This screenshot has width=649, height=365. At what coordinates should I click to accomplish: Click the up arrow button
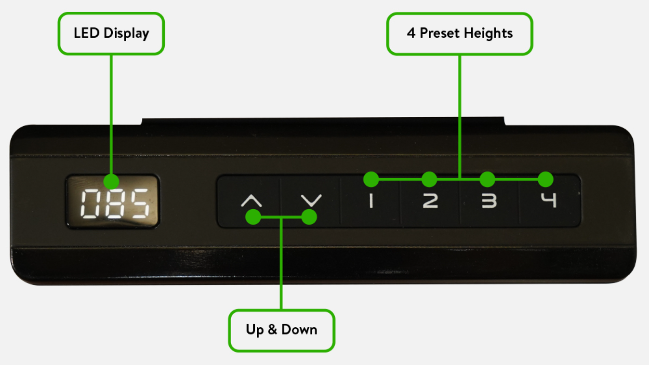pyautogui.click(x=251, y=201)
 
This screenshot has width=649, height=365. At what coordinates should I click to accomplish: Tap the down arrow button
pyautogui.click(x=311, y=201)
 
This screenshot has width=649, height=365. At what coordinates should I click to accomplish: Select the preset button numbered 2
pyautogui.click(x=430, y=201)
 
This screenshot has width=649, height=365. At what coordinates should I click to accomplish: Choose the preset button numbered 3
pyautogui.click(x=489, y=201)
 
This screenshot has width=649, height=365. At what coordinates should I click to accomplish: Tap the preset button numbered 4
pyautogui.click(x=549, y=200)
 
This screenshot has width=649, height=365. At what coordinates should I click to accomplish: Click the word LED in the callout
pyautogui.click(x=86, y=33)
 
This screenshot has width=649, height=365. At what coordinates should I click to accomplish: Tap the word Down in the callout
pyautogui.click(x=299, y=330)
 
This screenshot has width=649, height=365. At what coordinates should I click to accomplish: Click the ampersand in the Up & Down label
pyautogui.click(x=273, y=330)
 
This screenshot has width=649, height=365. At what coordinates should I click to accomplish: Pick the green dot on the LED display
pyautogui.click(x=111, y=181)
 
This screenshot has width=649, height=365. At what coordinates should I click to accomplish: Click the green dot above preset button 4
pyautogui.click(x=546, y=179)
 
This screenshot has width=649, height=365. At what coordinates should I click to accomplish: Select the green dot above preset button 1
pyautogui.click(x=371, y=179)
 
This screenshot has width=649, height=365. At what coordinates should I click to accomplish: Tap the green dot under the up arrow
pyautogui.click(x=254, y=217)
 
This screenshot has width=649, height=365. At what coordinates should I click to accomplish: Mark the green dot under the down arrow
pyautogui.click(x=309, y=217)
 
